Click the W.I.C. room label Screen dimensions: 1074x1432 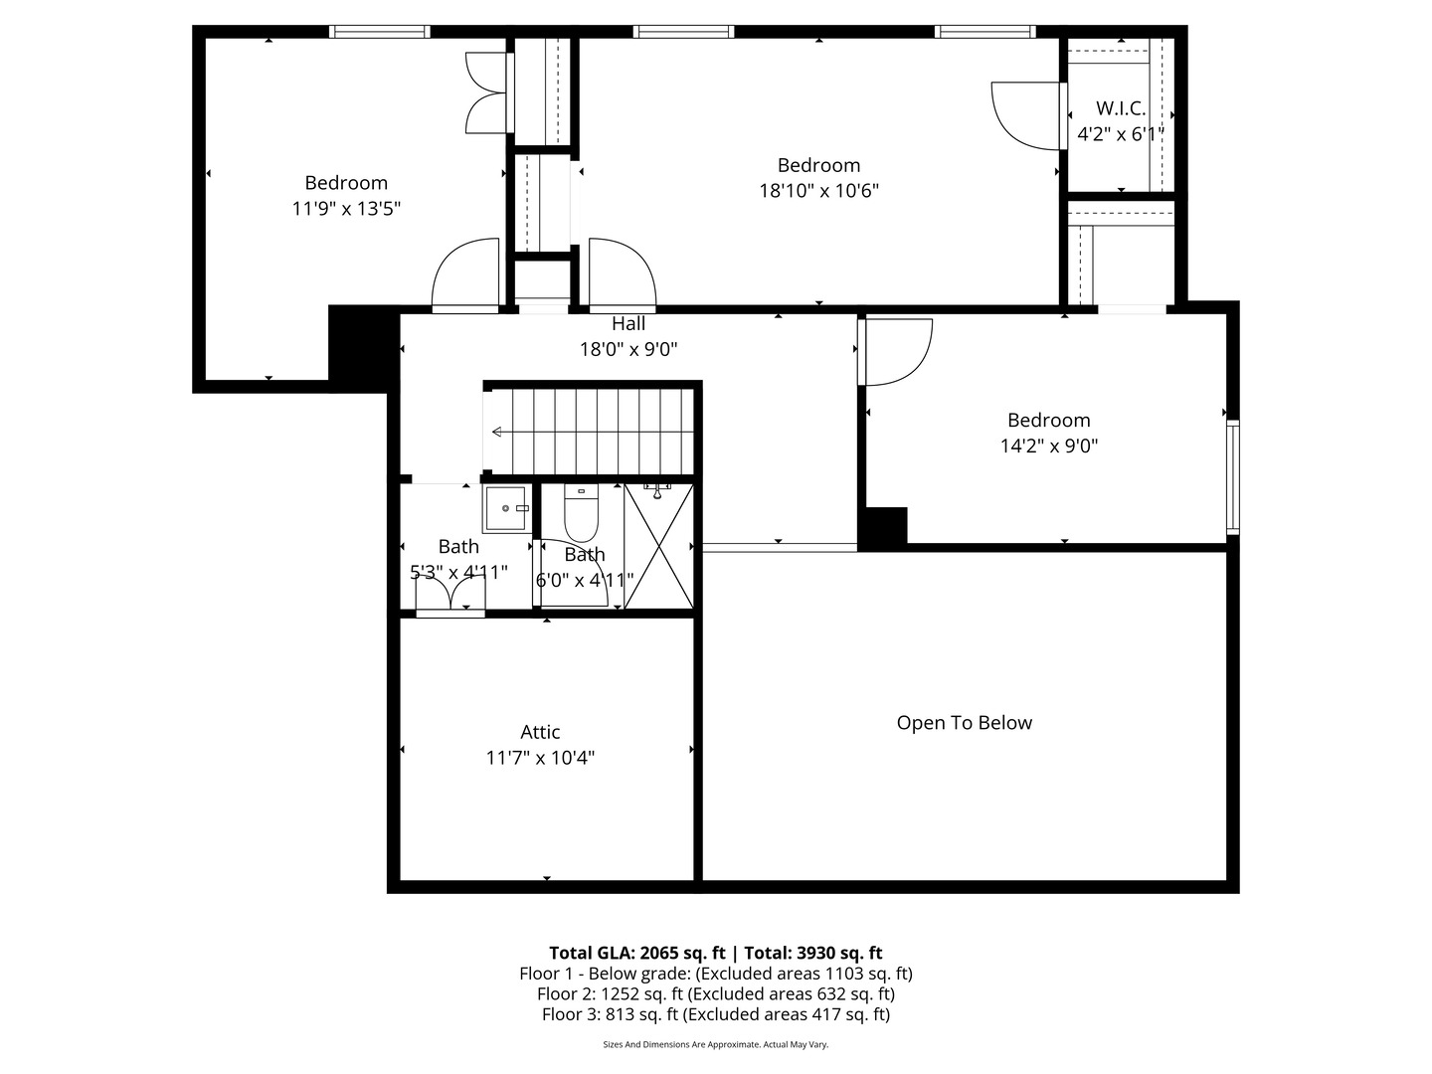tap(1121, 108)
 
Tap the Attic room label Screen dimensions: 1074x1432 tap(540, 732)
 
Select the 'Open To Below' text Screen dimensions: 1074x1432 tap(964, 723)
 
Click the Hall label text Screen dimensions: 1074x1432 tap(628, 323)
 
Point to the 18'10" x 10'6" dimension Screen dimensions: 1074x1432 tap(818, 191)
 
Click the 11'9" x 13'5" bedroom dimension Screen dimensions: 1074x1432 tap(346, 208)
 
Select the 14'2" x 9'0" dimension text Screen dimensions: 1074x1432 tap(1048, 446)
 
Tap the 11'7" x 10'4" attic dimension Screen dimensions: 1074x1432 tap(540, 758)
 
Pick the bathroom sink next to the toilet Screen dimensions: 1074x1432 tap(506, 509)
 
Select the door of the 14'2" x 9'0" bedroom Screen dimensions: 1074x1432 tap(895, 351)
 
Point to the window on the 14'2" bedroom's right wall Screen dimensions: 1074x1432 tap(1233, 477)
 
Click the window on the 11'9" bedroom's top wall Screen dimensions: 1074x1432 tap(380, 32)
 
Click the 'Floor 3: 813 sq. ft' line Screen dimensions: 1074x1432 tap(715, 1014)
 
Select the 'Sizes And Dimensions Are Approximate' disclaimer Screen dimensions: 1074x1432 tap(715, 1044)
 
